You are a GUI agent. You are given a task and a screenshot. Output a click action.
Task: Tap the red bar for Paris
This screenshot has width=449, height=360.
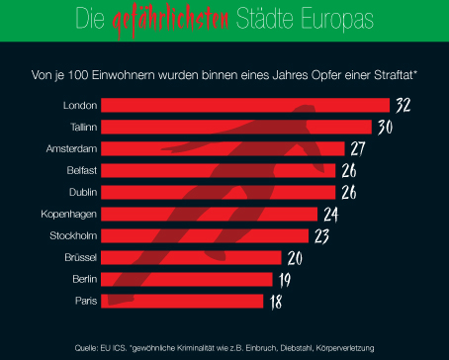click(x=184, y=301)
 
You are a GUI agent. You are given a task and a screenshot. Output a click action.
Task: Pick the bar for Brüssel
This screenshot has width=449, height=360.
click(x=195, y=257)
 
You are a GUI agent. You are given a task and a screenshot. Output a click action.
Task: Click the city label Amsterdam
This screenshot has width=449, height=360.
click(x=71, y=148)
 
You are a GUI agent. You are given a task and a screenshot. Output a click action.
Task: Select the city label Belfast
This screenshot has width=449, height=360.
click(x=78, y=170)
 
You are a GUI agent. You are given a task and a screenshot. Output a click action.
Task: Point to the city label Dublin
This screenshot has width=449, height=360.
click(x=80, y=192)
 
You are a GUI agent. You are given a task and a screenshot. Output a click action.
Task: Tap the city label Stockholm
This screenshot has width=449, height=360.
click(x=72, y=235)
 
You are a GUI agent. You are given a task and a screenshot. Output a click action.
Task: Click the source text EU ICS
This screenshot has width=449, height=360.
click(x=112, y=347)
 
